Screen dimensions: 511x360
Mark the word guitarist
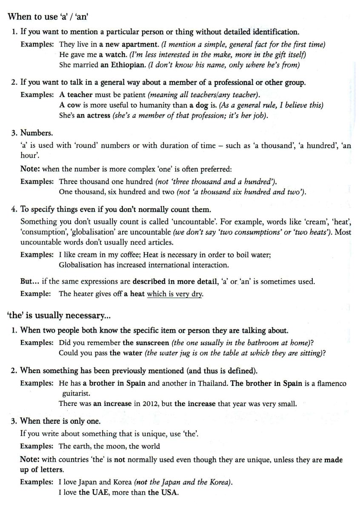tap(76, 393)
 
